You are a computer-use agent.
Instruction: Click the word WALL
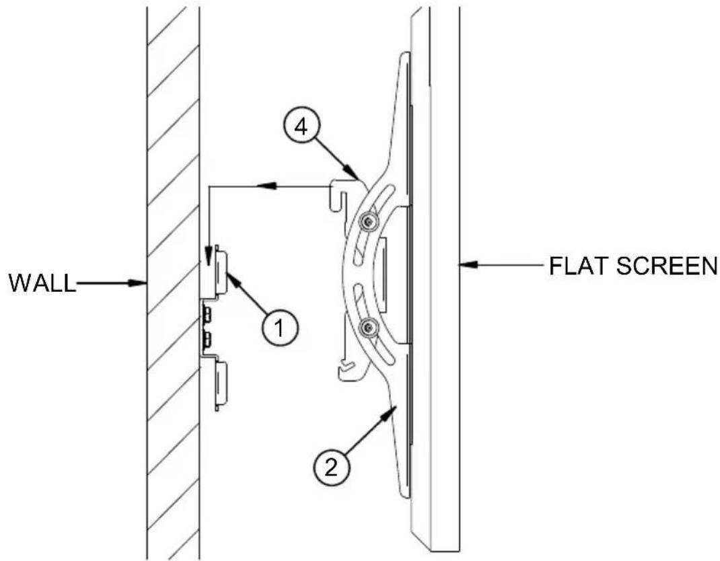click(x=42, y=283)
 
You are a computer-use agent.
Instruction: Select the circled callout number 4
click(x=301, y=128)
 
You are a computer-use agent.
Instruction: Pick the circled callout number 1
click(x=280, y=328)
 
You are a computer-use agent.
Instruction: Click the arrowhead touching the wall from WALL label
click(x=137, y=283)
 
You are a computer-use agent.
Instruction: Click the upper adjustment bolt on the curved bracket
click(x=368, y=222)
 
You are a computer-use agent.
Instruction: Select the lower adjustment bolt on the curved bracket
click(x=368, y=328)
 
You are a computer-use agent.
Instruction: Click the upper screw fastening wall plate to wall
click(x=206, y=315)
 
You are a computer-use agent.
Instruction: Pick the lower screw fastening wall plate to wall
click(x=206, y=339)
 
